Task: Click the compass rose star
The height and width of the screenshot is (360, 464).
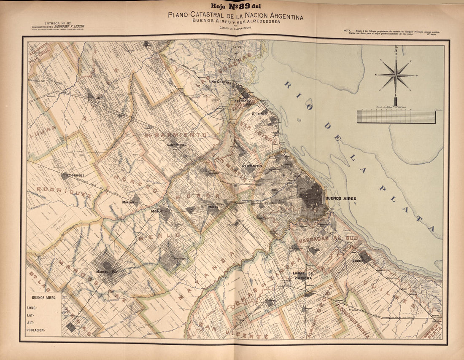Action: tap(396, 75)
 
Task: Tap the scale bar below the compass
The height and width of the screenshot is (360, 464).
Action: tap(396, 117)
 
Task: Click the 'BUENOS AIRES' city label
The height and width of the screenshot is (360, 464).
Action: tap(340, 198)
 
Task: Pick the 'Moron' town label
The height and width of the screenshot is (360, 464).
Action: tap(213, 207)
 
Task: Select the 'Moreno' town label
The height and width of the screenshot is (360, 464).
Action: tap(128, 202)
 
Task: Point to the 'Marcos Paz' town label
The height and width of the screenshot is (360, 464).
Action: tap(107, 272)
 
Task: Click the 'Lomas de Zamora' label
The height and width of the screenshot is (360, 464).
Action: tap(302, 275)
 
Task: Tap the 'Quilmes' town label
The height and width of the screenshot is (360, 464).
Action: tap(358, 260)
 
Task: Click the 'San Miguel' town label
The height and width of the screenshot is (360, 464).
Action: tap(176, 145)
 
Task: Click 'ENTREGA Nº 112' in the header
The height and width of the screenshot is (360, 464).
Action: tap(57, 23)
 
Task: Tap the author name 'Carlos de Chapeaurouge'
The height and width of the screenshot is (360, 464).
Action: tap(235, 28)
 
